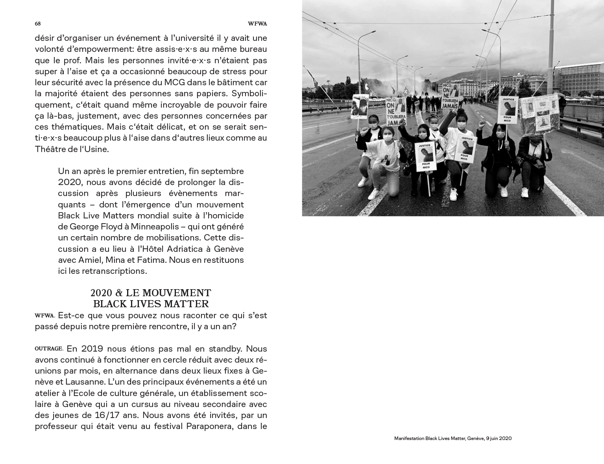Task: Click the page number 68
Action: click(x=38, y=24)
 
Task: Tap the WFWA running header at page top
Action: click(x=257, y=24)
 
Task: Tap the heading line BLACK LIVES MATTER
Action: click(x=151, y=304)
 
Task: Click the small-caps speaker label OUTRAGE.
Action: click(x=49, y=348)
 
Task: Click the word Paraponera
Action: click(x=208, y=426)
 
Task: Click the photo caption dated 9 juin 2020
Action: click(x=453, y=438)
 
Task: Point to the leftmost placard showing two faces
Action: click(x=360, y=106)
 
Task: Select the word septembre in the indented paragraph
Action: click(x=226, y=171)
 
